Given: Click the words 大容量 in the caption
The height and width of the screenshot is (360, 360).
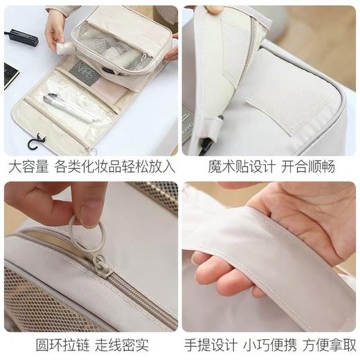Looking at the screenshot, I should tap(26, 167).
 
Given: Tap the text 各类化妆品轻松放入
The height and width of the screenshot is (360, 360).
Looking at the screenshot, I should tap(114, 167).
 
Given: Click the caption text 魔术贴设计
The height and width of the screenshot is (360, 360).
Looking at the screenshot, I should tap(235, 167).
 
